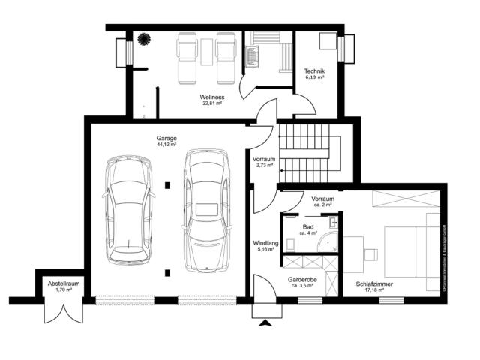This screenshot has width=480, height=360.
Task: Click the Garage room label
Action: click(x=166, y=139)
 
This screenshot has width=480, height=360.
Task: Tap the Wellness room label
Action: click(x=212, y=97)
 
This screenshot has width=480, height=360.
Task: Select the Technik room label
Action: click(x=314, y=70)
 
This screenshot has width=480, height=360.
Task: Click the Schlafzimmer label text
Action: click(x=374, y=283)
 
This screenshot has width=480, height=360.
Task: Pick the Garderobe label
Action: click(x=304, y=278)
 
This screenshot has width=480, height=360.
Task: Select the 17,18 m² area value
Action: click(x=374, y=289)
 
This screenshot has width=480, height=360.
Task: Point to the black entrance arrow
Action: click(x=264, y=323)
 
